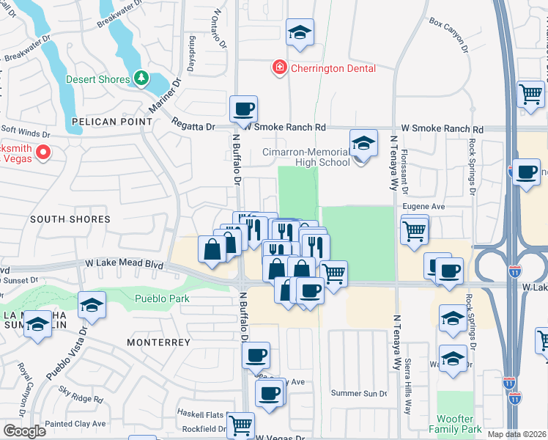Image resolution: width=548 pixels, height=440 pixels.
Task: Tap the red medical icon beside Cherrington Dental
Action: pyautogui.click(x=278, y=68)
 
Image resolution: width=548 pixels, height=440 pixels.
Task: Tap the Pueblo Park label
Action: pyautogui.click(x=162, y=298)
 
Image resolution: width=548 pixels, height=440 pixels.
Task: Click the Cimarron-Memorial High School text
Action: pyautogui.click(x=306, y=157)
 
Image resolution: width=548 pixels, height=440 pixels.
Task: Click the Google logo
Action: pyautogui.click(x=24, y=430)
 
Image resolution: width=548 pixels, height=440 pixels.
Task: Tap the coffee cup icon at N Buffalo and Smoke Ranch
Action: pyautogui.click(x=244, y=109)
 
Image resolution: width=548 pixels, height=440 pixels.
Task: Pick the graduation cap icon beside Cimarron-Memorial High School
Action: pyautogui.click(x=363, y=144)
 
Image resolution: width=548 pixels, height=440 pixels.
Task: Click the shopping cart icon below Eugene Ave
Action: pyautogui.click(x=415, y=230)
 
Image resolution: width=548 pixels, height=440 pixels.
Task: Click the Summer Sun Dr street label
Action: pyautogui.click(x=359, y=394)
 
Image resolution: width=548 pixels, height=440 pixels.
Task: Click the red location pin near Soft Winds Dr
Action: pyautogui.click(x=42, y=153)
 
